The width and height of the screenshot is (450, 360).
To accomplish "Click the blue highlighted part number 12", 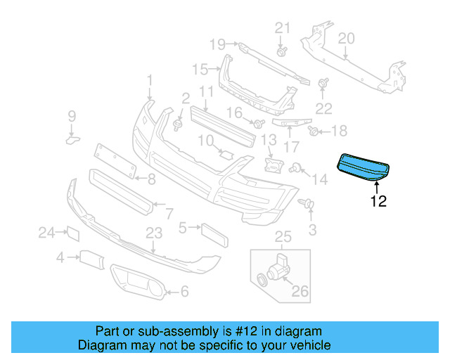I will pyautogui.click(x=364, y=168).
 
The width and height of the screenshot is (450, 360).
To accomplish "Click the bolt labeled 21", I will pyautogui.click(x=281, y=52).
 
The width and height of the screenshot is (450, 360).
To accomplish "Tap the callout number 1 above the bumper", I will pyautogui.click(x=149, y=81).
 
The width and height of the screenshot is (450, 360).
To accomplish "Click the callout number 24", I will pyautogui.click(x=46, y=231).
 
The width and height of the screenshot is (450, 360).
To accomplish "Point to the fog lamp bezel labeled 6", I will pyautogui.click(x=138, y=284).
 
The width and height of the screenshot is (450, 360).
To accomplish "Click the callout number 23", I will pyautogui.click(x=154, y=231).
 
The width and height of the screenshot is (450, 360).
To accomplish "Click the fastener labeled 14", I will pyautogui.click(x=298, y=167).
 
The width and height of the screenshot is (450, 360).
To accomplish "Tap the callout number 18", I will pyautogui.click(x=339, y=131).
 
